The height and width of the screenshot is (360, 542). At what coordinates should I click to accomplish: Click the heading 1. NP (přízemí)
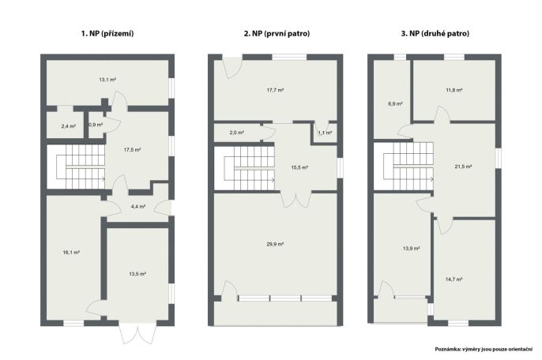click(107, 33)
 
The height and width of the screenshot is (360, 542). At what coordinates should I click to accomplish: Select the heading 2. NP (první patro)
click(277, 33)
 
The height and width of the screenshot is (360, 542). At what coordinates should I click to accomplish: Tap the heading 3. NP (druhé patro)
click(435, 33)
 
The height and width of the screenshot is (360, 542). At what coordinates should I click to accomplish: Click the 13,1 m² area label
click(107, 80)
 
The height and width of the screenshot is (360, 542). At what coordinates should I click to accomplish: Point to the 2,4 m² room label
click(69, 126)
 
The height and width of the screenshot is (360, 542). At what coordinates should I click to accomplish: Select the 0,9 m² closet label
click(96, 125)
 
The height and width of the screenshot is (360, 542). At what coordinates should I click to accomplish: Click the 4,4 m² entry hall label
click(138, 207)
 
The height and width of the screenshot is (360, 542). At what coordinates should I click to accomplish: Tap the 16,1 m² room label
click(71, 253)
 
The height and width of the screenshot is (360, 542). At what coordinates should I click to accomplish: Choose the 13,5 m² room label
click(137, 274)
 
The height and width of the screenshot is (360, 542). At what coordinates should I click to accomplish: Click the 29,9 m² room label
click(275, 244)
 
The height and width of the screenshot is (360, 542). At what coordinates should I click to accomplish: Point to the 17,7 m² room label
click(275, 90)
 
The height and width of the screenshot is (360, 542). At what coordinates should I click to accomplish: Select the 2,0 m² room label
click(237, 133)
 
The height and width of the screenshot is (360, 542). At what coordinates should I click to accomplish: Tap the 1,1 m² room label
click(325, 133)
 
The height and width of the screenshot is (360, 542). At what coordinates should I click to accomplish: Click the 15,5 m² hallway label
click(299, 167)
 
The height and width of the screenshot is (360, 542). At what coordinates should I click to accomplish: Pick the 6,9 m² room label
click(395, 103)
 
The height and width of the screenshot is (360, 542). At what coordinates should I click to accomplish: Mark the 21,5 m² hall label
click(463, 167)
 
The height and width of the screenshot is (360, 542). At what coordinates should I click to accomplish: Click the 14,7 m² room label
click(454, 279)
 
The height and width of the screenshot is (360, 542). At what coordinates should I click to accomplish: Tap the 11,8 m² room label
click(454, 90)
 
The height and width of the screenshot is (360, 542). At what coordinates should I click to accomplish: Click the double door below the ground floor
click(137, 335)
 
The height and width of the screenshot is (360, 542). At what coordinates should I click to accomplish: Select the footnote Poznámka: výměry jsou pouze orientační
click(484, 349)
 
